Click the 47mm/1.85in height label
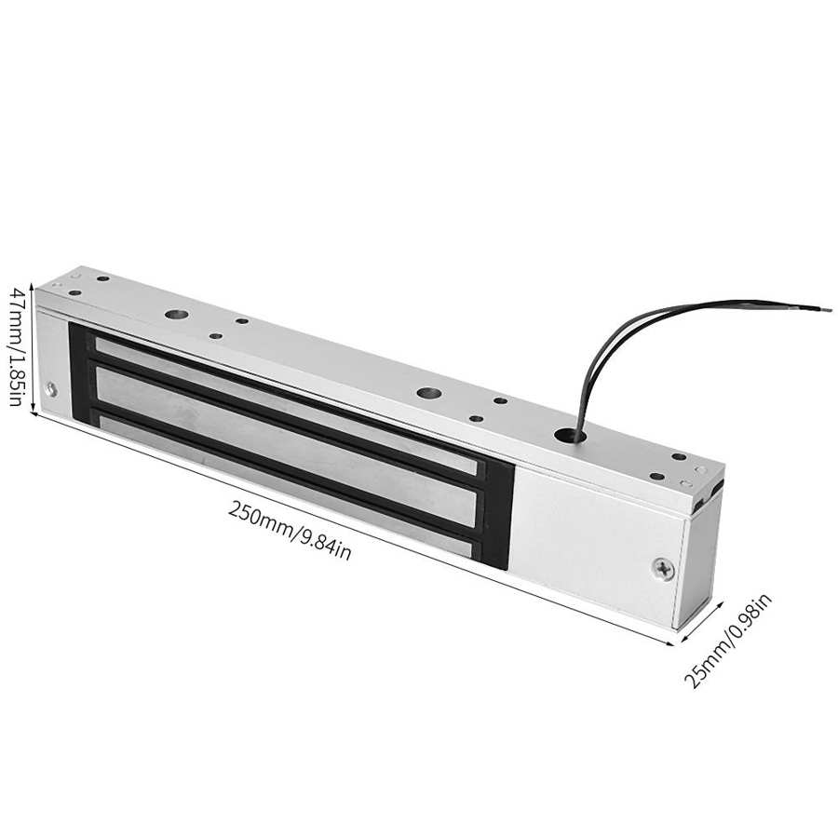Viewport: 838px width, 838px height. click(16, 347)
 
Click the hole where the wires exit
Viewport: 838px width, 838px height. click(565, 433)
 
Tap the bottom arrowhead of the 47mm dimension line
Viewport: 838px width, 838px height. click(34, 409)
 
